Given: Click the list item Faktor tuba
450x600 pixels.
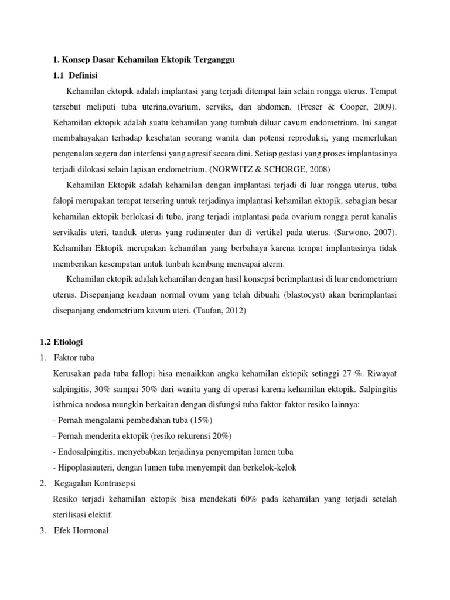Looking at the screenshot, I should [x=74, y=358].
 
